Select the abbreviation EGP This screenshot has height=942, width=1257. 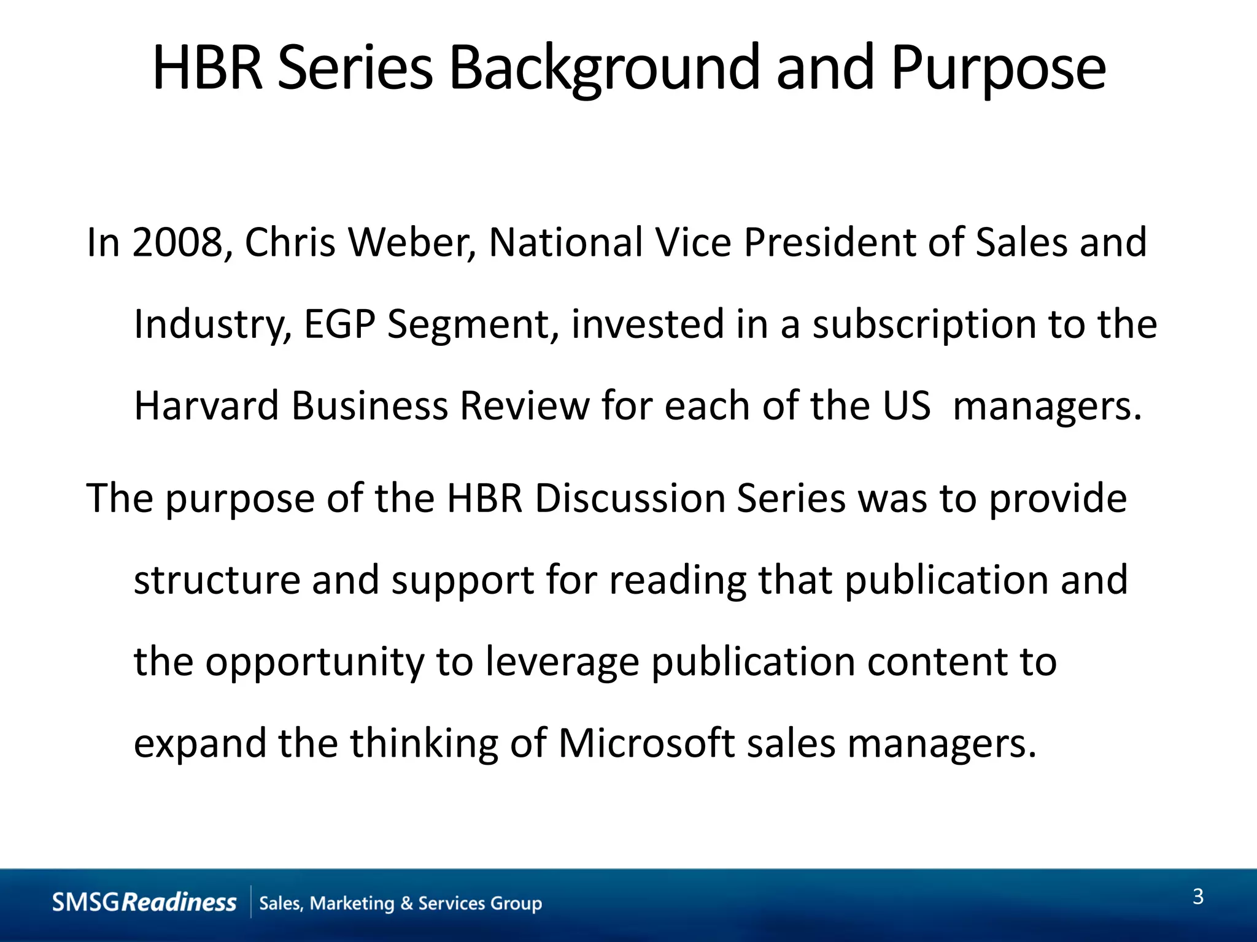[339, 324]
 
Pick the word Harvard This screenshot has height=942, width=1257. [206, 405]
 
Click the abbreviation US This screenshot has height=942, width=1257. [907, 405]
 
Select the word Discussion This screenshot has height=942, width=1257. [630, 497]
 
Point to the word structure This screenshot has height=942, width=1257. [217, 580]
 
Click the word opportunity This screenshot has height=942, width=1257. [314, 662]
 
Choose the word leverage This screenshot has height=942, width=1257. [562, 662]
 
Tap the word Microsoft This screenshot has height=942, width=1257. [646, 743]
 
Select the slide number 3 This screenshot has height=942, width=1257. [1197, 897]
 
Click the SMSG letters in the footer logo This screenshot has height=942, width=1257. [86, 902]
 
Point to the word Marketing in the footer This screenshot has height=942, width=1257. [352, 903]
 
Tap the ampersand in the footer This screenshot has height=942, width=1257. [406, 903]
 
